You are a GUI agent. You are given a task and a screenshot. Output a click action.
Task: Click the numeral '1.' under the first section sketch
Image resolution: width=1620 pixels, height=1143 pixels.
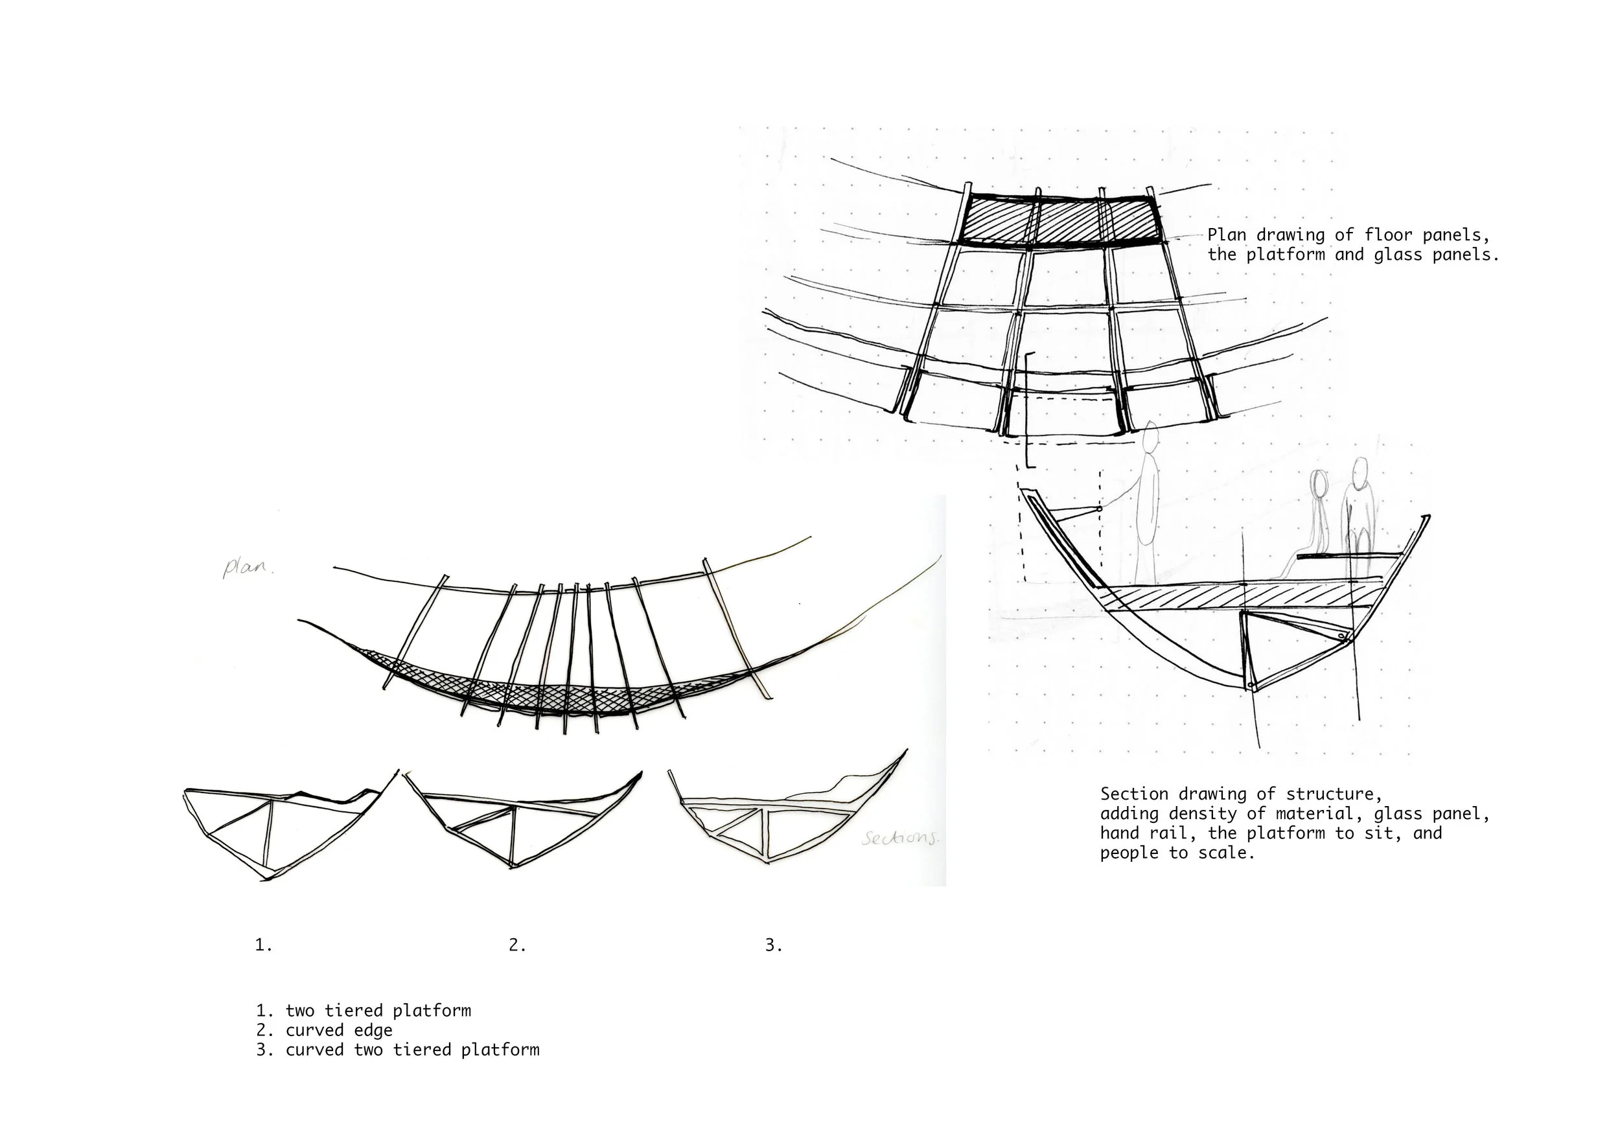pyautogui.click(x=263, y=945)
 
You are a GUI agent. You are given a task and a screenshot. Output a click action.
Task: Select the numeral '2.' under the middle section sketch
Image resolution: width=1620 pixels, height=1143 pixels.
pyautogui.click(x=517, y=945)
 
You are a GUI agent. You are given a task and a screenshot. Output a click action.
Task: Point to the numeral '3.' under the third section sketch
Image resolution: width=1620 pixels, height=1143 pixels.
pyautogui.click(x=773, y=945)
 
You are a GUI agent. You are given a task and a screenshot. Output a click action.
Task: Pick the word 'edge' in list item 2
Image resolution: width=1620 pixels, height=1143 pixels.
pyautogui.click(x=373, y=1030)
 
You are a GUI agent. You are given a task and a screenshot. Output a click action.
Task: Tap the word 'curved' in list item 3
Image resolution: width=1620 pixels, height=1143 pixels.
pyautogui.click(x=315, y=1050)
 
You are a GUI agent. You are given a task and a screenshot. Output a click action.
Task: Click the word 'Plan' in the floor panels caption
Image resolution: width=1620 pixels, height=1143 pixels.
pyautogui.click(x=1227, y=235)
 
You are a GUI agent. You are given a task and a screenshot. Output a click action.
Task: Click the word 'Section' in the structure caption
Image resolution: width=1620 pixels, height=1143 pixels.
pyautogui.click(x=1134, y=794)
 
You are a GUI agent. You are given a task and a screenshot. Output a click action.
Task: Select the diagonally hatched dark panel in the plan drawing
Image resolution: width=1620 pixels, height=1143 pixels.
pyautogui.click(x=1062, y=220)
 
